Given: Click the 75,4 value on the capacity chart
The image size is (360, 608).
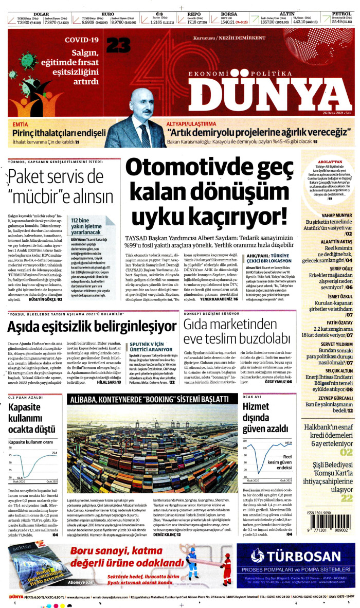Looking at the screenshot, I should (55, 453).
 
